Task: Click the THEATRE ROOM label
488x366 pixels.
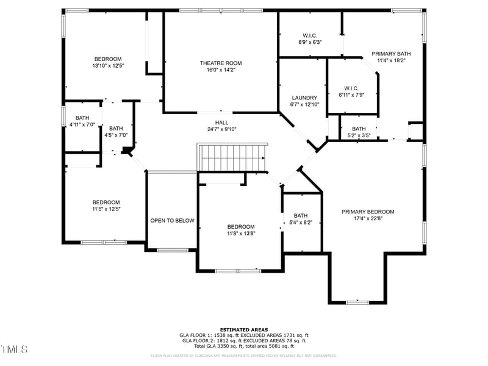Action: coord(221,63)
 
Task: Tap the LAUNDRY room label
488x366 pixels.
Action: coord(304,98)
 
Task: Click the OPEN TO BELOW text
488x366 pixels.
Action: coord(172,220)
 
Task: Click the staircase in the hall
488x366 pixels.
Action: coord(232,158)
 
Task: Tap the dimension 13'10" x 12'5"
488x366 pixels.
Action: coord(107,66)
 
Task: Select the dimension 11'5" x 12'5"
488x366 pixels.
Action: coord(106,209)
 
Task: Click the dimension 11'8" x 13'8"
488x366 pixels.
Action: coord(240,233)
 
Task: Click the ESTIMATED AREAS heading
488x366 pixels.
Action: coord(243,329)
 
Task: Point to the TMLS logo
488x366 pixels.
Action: coord(14,350)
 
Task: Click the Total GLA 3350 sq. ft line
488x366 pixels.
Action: coord(243,346)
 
